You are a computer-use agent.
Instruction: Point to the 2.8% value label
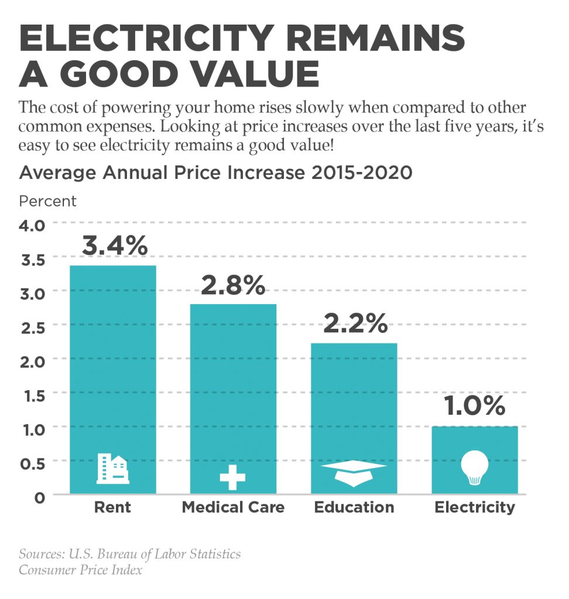[233, 285]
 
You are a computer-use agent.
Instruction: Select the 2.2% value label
[354, 323]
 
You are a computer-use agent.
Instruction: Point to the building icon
[113, 469]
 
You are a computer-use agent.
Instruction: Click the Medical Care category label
[233, 507]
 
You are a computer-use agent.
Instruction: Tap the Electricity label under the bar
[475, 507]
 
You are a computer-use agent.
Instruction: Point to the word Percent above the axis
[47, 201]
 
